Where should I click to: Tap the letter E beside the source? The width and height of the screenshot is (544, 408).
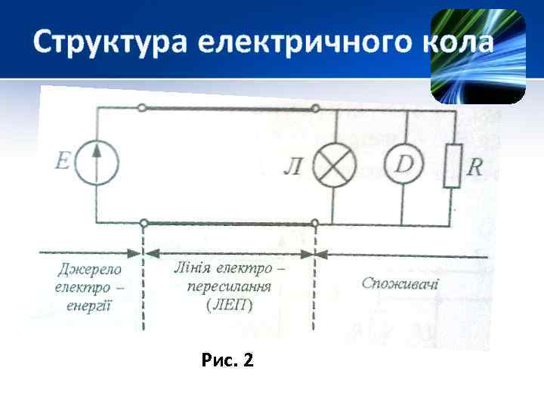point(63,161)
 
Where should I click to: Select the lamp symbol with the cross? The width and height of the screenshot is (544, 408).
point(335,166)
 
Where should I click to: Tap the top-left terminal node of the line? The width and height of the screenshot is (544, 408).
point(143,109)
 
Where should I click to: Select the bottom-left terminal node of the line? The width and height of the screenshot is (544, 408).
point(143,223)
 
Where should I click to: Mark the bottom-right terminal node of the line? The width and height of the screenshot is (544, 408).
point(314,223)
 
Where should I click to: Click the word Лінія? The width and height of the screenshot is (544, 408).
point(192,268)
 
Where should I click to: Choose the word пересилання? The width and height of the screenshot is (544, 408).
point(229,287)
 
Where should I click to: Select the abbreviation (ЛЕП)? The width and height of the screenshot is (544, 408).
point(229,305)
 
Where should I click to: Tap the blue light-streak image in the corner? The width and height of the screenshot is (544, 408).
point(478,56)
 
